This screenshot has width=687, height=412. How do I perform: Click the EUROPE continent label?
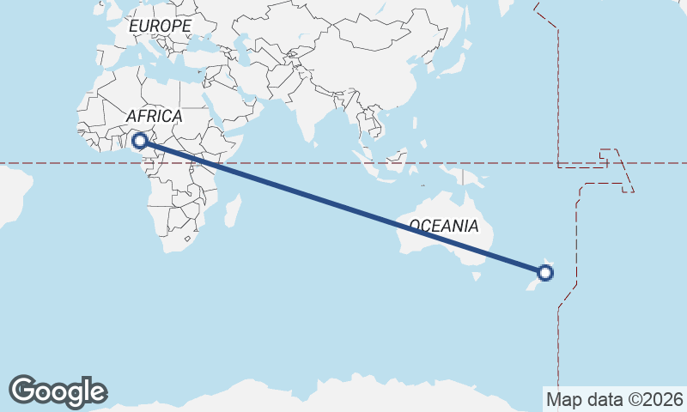click(160, 27)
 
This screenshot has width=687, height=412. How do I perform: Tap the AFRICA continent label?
click(155, 116)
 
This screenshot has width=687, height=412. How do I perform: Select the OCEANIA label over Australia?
click(443, 227)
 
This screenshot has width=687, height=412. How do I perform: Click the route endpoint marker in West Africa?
click(140, 140)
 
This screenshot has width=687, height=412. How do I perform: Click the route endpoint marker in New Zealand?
click(545, 274)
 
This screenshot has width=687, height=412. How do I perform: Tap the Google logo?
click(58, 391)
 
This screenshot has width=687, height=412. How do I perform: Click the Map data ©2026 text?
click(615, 399)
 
